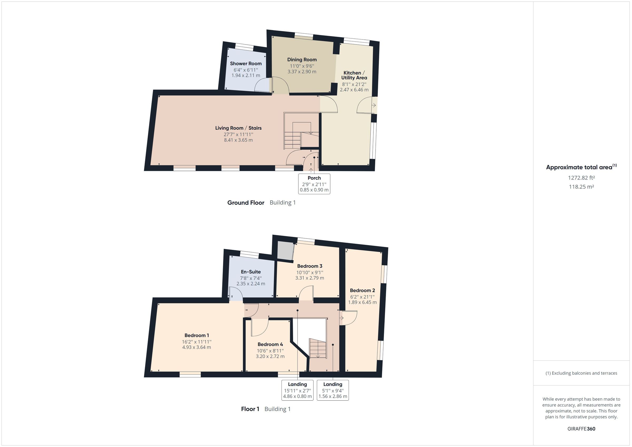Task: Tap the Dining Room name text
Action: tap(302, 60)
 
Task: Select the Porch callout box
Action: tap(314, 183)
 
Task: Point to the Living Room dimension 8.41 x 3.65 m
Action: tap(238, 140)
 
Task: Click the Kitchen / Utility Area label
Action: tap(354, 75)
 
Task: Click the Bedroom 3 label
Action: tap(309, 266)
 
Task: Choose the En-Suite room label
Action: tap(250, 272)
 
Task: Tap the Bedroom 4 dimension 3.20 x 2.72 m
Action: tap(270, 356)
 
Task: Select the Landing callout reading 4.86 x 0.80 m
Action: tap(297, 390)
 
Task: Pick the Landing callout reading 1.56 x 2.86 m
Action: tap(333, 390)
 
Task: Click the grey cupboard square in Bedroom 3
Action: tap(285, 250)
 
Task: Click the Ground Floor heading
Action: tap(245, 203)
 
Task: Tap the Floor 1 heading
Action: tap(250, 409)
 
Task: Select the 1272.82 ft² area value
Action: tap(581, 178)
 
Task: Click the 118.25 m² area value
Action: tap(581, 187)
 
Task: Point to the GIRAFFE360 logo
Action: tap(581, 429)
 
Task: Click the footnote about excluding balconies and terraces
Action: tap(581, 373)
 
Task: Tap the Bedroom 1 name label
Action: tap(196, 336)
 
